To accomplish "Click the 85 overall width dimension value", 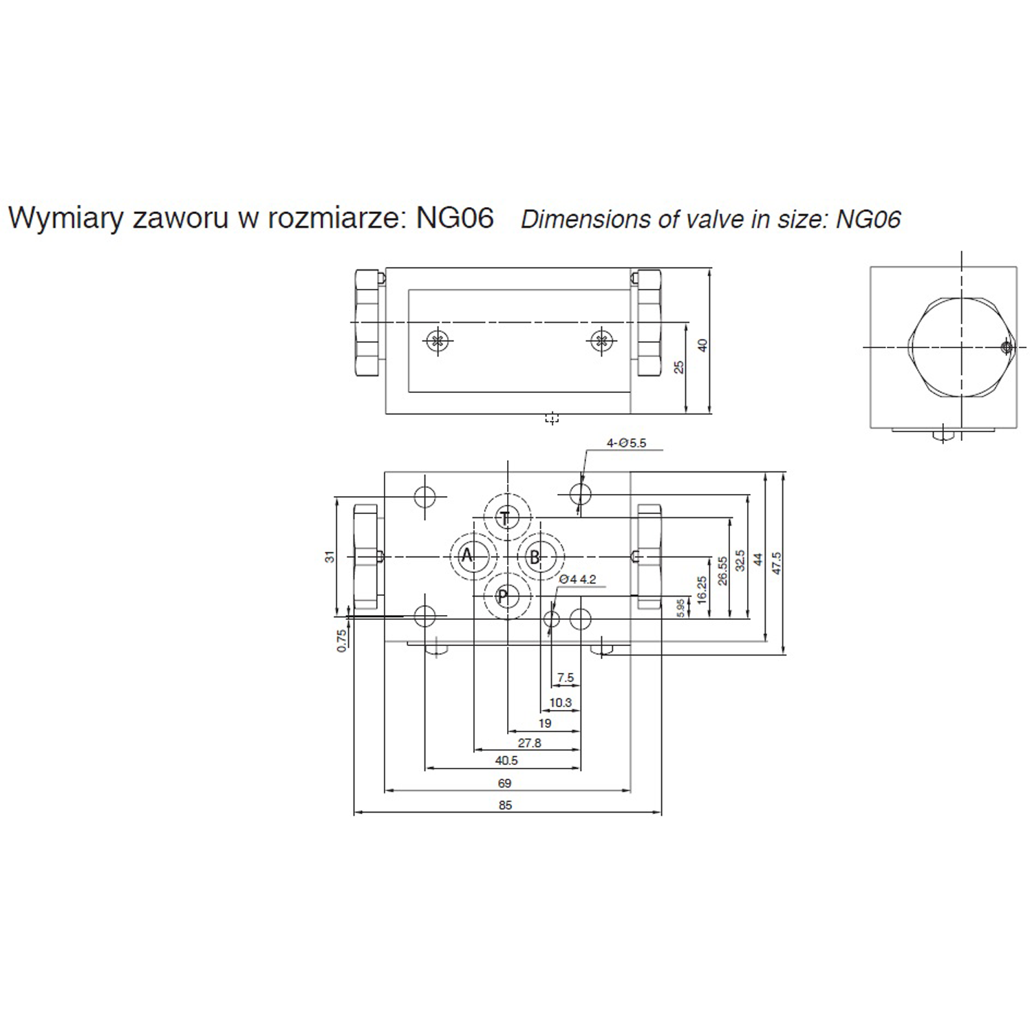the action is [505, 805].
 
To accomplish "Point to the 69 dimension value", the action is [505, 783].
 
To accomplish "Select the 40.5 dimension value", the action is [506, 760].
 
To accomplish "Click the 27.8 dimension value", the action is [530, 743].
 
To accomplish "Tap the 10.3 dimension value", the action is [561, 702].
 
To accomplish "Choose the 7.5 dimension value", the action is [566, 678].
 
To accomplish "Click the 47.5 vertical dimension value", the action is [777, 563].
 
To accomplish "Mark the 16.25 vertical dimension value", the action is [702, 590].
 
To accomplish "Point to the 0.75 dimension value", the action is [342, 641].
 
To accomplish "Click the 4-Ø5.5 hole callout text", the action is [626, 443].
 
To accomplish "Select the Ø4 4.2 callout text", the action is [577, 579].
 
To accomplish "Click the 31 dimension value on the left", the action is [330, 556].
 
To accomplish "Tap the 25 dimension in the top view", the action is [680, 367].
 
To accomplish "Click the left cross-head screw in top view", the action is [437, 340].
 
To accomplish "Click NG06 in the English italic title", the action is [868, 219].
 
